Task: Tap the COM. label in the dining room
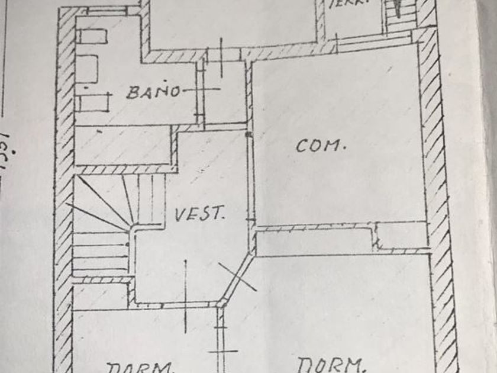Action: tap(320, 145)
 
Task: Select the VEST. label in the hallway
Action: tap(199, 214)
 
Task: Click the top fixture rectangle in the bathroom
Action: tap(93, 37)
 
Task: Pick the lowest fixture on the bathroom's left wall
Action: tap(95, 103)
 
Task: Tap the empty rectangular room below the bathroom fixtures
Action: tap(123, 146)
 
